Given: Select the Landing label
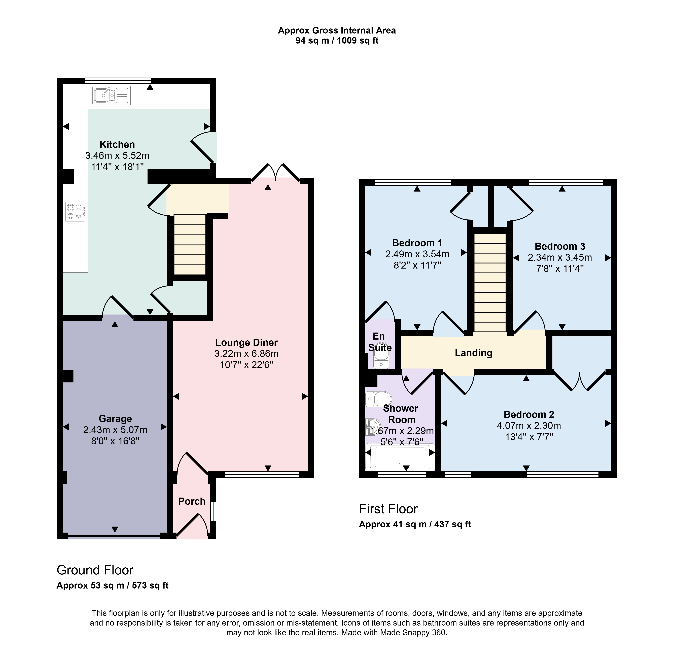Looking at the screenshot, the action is [x=474, y=353].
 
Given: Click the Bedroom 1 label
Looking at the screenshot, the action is [x=417, y=243].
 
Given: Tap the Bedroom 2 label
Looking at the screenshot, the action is [x=529, y=414].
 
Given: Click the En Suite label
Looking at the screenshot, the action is [x=380, y=342].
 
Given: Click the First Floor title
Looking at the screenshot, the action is [x=388, y=509].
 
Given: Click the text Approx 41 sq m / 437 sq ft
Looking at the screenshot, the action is [x=415, y=524].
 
